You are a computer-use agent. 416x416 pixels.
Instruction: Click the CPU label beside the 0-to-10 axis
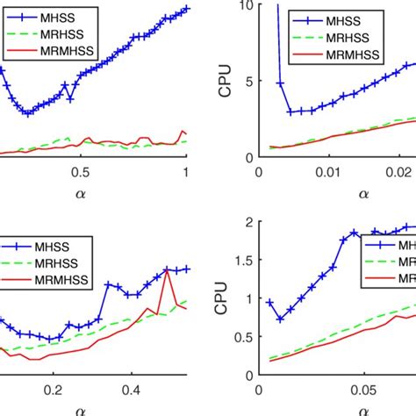coord(226,81)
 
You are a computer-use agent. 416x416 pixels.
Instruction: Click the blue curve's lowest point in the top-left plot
coord(27,112)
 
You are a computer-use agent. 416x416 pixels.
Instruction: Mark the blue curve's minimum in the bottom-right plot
coord(280,319)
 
